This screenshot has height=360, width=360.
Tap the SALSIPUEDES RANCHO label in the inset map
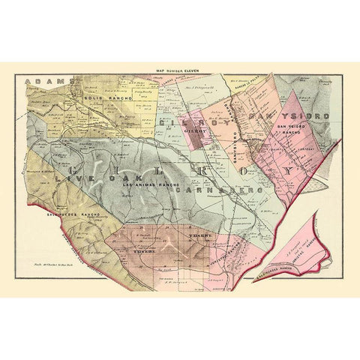(x=274, y=259)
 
